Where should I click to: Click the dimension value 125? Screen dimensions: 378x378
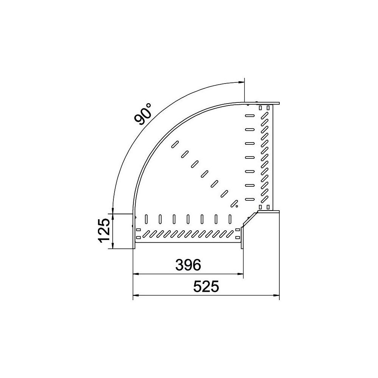point(105,230)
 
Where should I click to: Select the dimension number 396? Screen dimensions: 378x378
point(188,265)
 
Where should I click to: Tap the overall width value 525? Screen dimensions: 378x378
point(206,287)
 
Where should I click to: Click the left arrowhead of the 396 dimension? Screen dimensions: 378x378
point(136,274)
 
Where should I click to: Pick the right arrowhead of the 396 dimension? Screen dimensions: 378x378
point(240,274)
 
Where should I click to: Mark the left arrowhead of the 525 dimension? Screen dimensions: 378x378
point(136,295)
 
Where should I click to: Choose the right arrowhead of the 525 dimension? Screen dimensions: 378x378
point(276,295)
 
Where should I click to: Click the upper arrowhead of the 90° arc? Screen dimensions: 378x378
point(241,82)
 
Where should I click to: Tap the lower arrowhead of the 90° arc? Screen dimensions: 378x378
point(112,211)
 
